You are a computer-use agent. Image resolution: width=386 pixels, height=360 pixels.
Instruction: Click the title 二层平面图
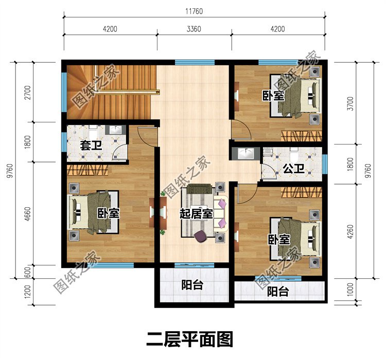[190, 339]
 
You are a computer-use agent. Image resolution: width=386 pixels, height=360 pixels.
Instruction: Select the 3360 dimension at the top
[194, 29]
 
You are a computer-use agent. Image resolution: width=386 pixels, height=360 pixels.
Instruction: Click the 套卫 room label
[91, 145]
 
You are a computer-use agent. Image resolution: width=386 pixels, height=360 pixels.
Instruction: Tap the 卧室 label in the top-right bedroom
[273, 96]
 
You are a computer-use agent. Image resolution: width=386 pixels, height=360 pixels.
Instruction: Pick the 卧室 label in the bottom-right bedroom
[278, 240]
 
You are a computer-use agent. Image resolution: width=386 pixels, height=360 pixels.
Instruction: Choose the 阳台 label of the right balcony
[278, 292]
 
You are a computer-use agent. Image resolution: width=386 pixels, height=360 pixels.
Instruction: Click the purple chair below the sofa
[201, 236]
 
